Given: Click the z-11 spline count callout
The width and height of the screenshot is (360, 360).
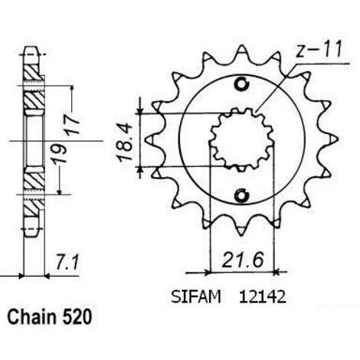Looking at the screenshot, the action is pyautogui.click(x=318, y=50).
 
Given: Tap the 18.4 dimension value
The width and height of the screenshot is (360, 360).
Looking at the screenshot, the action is pyautogui.click(x=125, y=142).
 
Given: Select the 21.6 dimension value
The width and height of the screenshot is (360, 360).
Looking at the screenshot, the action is pyautogui.click(x=242, y=260).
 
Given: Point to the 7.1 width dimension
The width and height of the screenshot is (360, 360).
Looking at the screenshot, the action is pyautogui.click(x=67, y=263).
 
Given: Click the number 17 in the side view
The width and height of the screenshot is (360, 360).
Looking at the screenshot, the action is pyautogui.click(x=72, y=125).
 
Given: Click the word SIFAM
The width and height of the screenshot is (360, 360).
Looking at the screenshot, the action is pyautogui.click(x=196, y=297).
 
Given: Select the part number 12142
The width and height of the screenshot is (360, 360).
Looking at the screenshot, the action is pyautogui.click(x=262, y=297).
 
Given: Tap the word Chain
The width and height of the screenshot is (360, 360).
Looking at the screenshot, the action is pyautogui.click(x=32, y=317).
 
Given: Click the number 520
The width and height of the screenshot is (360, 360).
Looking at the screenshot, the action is pyautogui.click(x=77, y=317).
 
